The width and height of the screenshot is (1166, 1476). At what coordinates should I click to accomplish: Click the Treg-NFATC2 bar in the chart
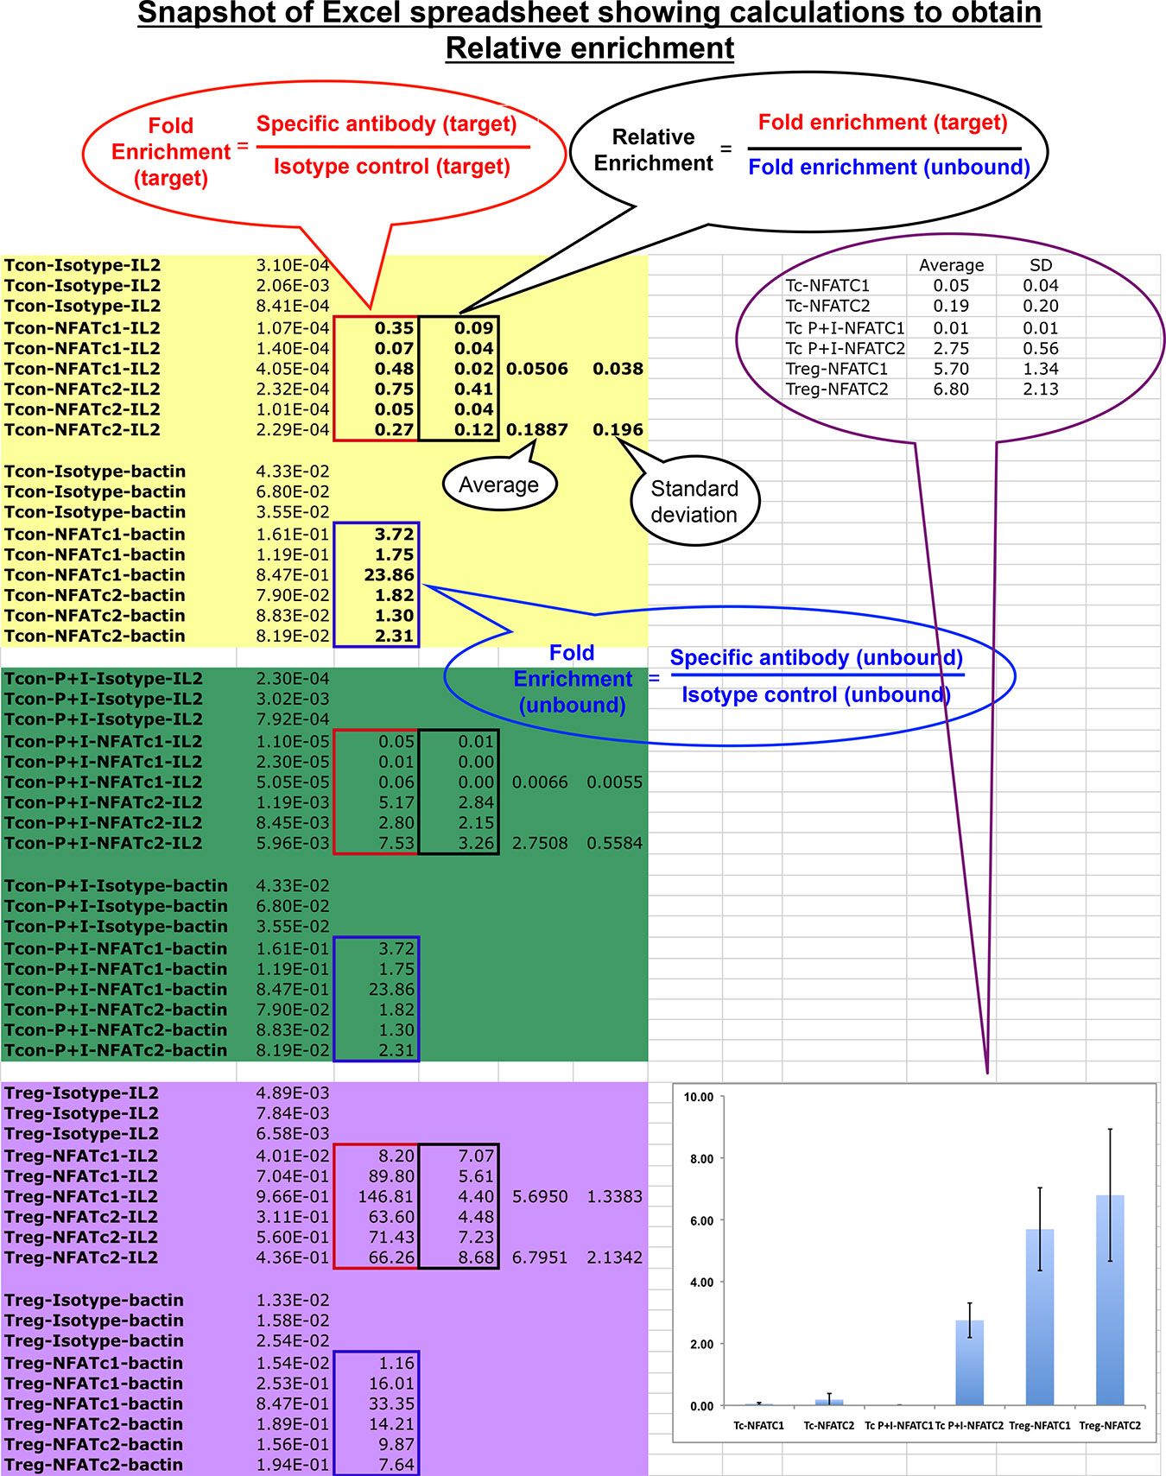(x=1110, y=1300)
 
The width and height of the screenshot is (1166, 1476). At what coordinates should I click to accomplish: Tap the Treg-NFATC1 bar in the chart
(x=1040, y=1317)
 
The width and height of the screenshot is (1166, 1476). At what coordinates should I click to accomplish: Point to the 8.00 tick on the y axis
(x=701, y=1159)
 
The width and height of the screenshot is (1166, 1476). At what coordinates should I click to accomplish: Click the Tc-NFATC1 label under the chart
(x=758, y=1426)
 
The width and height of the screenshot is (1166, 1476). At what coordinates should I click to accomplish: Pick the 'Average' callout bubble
(x=499, y=485)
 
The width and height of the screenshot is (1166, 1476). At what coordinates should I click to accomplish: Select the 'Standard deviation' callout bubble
(x=694, y=502)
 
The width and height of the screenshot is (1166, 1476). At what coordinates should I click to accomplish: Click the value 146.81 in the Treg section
(x=386, y=1197)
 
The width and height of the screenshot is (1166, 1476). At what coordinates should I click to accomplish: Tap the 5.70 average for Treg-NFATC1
(x=951, y=369)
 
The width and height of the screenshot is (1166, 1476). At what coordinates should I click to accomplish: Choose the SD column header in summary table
(x=1041, y=266)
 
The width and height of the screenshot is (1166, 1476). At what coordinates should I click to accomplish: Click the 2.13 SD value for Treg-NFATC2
(x=1041, y=390)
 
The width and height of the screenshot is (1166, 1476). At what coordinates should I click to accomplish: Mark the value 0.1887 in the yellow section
(x=537, y=430)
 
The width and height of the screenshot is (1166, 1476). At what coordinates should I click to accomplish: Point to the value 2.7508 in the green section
(x=540, y=844)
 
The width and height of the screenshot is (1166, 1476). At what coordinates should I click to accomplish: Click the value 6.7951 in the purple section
(x=540, y=1258)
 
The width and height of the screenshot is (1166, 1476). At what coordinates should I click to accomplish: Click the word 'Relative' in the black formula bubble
(x=653, y=137)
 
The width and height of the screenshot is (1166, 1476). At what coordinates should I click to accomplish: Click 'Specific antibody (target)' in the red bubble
(x=387, y=124)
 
